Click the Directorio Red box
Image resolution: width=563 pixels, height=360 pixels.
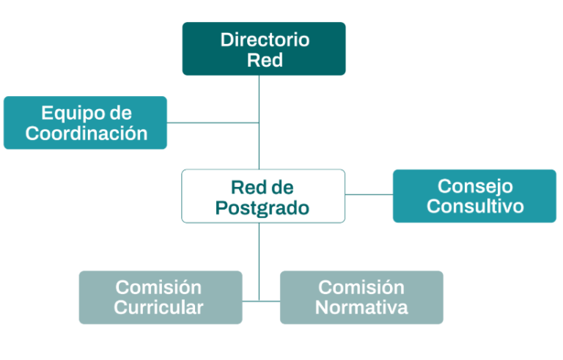pos(264,49)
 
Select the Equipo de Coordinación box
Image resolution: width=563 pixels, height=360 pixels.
pos(86,122)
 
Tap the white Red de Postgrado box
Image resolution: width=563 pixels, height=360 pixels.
pos(263,196)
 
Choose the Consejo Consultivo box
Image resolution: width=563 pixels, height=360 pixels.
pos(475,196)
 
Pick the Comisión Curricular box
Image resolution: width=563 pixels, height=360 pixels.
pos(161,298)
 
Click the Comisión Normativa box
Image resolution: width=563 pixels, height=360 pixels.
pos(361,298)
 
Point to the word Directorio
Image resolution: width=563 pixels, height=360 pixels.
pos(265,40)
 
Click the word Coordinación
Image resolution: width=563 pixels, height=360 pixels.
pos(87,133)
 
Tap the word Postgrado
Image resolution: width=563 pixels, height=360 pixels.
pos(262,208)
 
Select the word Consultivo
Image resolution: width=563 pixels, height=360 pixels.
pos(475,206)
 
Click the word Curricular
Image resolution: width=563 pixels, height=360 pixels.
pos(158,307)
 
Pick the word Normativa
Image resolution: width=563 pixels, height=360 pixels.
pos(361,307)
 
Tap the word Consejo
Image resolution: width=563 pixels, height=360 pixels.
pos(475,186)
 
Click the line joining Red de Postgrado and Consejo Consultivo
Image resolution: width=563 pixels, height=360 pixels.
pos(369,195)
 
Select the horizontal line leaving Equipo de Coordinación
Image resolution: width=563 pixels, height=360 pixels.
pos(213,123)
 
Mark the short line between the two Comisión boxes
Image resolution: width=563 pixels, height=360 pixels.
pos(261,301)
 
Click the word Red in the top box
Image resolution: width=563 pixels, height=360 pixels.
pos(265,60)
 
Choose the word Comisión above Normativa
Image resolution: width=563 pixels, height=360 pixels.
pos(361,287)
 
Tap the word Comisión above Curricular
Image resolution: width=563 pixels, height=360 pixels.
pos(158,287)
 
